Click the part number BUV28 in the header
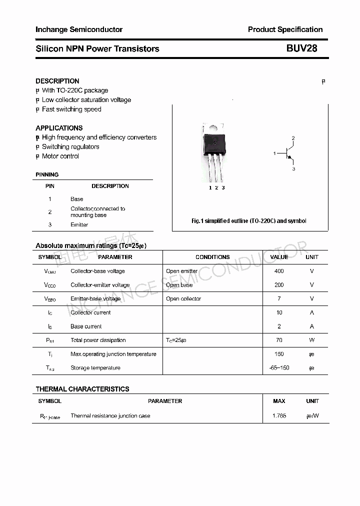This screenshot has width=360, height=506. tap(301, 49)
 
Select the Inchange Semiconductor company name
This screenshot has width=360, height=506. tap(79, 29)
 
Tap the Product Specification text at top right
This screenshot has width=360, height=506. tap(285, 29)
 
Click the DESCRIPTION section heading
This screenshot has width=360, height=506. tap(57, 81)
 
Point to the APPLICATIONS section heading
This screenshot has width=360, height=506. tap(59, 128)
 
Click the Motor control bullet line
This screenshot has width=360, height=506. tap(60, 156)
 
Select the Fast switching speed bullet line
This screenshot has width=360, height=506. tap(71, 109)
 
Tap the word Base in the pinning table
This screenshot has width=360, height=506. tap(77, 199)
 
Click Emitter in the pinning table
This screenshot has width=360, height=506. tap(79, 225)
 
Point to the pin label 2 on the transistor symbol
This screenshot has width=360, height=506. tap(293, 138)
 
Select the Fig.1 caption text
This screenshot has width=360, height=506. tap(249, 221)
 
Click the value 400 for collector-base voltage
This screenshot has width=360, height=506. tap(279, 271)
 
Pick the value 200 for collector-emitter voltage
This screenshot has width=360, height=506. tap(279, 285)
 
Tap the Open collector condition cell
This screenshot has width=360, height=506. tap(183, 299)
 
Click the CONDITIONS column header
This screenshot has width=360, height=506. tap(212, 257)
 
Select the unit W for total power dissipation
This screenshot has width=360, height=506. tap(312, 340)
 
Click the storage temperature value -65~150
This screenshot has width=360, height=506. tap(279, 368)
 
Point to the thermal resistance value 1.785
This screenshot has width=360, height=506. tap(279, 416)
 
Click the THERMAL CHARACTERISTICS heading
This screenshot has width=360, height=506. tap(82, 389)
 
